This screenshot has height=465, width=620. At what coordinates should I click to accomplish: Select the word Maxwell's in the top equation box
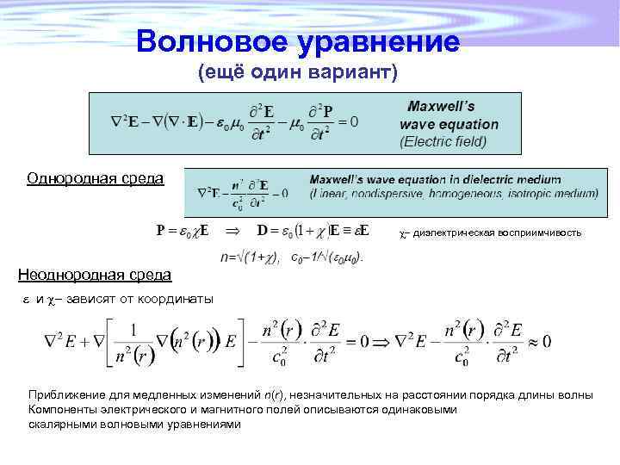click(441, 106)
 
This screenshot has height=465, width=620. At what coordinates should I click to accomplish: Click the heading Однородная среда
click(95, 178)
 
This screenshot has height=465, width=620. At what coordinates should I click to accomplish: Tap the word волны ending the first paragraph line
click(572, 394)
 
